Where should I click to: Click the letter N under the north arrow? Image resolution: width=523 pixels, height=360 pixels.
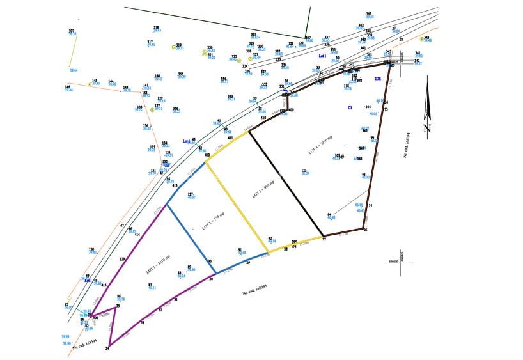click(x=427, y=128)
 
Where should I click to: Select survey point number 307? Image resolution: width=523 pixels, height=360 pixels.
click(x=72, y=31)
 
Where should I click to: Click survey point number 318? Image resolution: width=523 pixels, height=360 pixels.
click(x=156, y=27)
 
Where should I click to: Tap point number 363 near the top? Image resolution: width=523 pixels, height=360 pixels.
click(x=369, y=13)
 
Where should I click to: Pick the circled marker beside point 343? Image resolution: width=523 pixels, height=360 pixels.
click(x=421, y=39)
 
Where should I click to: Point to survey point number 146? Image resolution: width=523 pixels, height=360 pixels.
click(x=67, y=86)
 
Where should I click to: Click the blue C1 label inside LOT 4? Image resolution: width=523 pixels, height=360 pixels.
click(x=350, y=108)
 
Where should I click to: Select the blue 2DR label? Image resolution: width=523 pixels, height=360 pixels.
click(x=378, y=79)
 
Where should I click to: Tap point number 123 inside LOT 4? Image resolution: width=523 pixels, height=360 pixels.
click(x=304, y=170)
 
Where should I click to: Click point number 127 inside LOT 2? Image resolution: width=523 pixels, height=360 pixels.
click(x=190, y=194)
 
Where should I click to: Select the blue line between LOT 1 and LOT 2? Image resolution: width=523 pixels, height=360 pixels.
click(x=189, y=233)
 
